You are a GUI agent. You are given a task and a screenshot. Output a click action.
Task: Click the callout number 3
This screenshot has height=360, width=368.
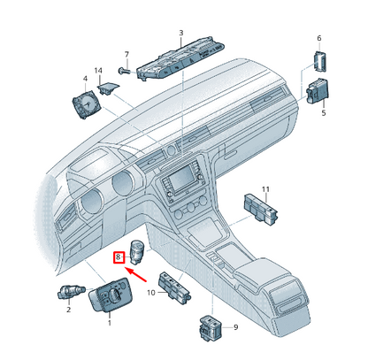[181, 33]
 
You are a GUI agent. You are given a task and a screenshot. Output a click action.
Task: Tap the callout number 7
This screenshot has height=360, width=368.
[126, 55]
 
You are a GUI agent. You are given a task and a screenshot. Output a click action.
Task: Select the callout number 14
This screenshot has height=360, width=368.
[98, 71]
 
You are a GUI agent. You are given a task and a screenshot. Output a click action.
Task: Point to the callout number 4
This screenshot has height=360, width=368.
[85, 79]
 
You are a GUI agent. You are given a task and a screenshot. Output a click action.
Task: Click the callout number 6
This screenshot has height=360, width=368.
[319, 38]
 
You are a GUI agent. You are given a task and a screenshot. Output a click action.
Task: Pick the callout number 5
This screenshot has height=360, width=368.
[324, 113]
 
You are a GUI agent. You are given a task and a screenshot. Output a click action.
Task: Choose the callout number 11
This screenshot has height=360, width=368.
[265, 189]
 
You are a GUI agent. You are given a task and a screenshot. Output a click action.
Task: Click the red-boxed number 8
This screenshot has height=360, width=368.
[119, 257]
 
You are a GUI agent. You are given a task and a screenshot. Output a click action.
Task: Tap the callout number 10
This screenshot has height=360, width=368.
[151, 293]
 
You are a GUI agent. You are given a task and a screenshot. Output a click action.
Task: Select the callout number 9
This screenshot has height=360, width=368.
[235, 327]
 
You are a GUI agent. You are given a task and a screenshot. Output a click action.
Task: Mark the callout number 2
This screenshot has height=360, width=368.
[68, 310]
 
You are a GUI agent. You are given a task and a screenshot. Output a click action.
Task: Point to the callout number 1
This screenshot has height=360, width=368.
[110, 323]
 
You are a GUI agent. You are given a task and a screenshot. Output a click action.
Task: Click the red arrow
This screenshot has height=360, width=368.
[135, 274]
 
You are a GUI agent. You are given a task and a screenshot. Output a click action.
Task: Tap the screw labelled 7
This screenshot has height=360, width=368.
[125, 71]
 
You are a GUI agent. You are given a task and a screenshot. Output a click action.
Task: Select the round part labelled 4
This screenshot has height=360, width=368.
[86, 104]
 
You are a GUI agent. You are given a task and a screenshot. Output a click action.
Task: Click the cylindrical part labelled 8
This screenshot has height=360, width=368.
[136, 252]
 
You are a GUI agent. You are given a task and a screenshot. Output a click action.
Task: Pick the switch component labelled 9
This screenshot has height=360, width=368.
[211, 328]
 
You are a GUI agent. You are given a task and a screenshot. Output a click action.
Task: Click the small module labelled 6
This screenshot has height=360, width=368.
[319, 61]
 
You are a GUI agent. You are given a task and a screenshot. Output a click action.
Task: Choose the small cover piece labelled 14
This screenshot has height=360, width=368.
[108, 88]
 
